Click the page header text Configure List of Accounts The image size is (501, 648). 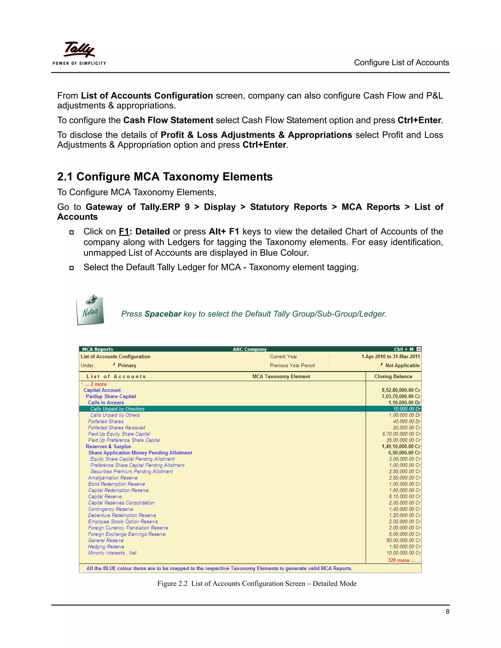click(401, 63)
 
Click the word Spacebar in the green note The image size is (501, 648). click(163, 314)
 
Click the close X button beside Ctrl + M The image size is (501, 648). click(419, 349)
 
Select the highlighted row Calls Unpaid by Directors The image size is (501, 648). click(117, 409)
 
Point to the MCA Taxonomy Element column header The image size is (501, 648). click(281, 377)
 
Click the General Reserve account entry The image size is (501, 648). click(106, 541)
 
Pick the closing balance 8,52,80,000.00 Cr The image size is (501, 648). click(401, 390)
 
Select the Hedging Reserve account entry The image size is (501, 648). click(106, 547)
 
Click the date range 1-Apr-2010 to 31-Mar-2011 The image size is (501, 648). click(390, 357)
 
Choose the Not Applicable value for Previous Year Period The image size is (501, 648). click(402, 366)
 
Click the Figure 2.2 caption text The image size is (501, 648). click(257, 584)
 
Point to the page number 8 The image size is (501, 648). click(447, 612)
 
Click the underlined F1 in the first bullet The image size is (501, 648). click(124, 232)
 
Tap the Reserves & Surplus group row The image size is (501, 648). click(108, 447)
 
